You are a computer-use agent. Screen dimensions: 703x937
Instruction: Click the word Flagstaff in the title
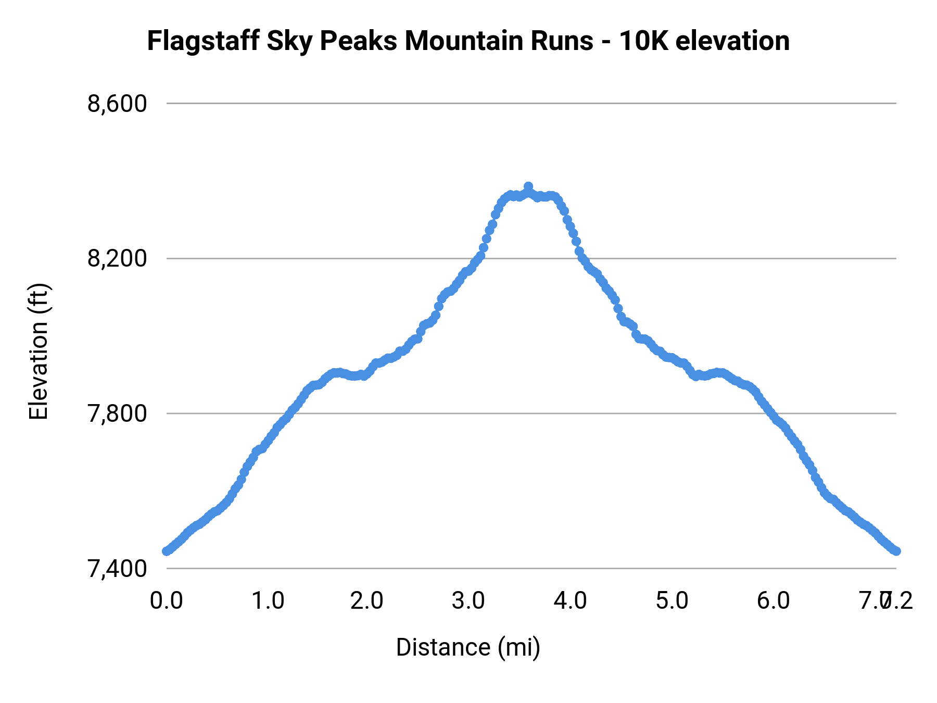click(x=203, y=42)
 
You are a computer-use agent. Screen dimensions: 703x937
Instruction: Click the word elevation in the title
click(x=732, y=41)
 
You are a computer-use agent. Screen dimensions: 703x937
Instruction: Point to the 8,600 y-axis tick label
click(x=117, y=104)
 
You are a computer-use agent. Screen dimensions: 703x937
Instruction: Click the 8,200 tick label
click(x=117, y=259)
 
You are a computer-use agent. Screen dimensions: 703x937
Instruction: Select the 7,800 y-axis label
click(x=117, y=414)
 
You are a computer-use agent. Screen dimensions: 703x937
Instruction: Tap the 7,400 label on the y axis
click(x=117, y=569)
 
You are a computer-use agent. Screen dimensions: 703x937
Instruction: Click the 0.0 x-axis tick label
click(x=167, y=601)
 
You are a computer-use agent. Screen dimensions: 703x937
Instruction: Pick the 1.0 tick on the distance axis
click(x=268, y=601)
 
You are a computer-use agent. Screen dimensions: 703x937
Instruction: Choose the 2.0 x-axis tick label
click(x=367, y=601)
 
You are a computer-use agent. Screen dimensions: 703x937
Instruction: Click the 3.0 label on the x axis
click(x=468, y=601)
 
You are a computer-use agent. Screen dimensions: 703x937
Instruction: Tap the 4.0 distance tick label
click(x=570, y=601)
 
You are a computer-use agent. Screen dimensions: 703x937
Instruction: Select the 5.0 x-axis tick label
click(x=672, y=601)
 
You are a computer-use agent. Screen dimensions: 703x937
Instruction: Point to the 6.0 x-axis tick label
click(x=773, y=601)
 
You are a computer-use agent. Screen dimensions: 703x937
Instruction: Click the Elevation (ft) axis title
click(x=39, y=351)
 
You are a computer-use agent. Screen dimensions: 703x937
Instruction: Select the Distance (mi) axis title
click(x=468, y=647)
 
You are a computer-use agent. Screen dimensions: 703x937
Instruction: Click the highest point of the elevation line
click(x=528, y=186)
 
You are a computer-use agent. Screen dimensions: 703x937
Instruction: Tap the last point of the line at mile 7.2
click(x=896, y=551)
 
